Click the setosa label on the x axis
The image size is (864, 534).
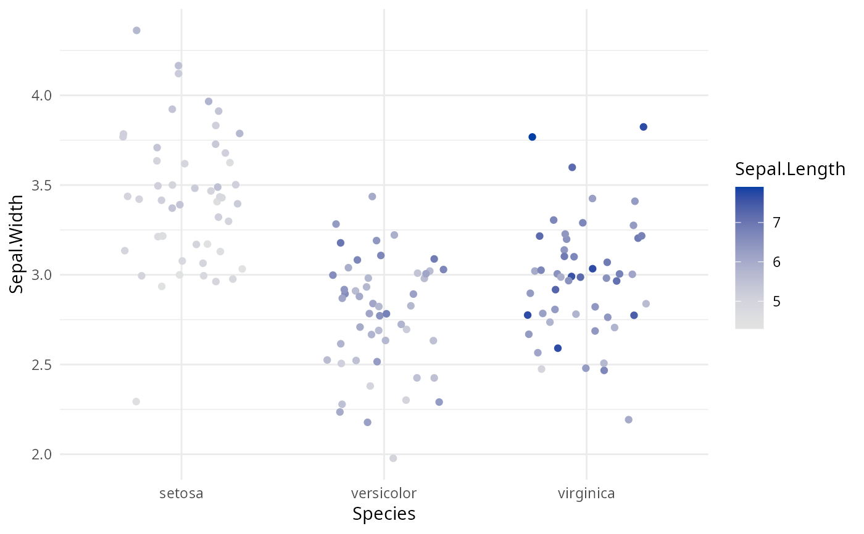click(x=181, y=494)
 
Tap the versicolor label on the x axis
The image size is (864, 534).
click(x=383, y=494)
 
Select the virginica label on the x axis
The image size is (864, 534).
click(x=586, y=494)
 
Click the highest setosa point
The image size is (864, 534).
click(x=136, y=30)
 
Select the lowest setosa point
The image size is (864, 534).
click(x=136, y=401)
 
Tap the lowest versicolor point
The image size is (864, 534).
click(x=393, y=458)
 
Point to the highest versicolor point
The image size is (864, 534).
click(x=372, y=196)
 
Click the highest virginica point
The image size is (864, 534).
click(x=643, y=126)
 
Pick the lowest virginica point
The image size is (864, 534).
click(x=628, y=419)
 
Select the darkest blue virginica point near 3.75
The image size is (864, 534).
click(x=532, y=137)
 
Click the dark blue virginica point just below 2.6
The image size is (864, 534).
click(x=558, y=348)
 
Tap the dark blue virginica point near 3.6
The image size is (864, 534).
click(x=572, y=167)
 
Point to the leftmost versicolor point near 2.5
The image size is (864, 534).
click(x=327, y=360)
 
